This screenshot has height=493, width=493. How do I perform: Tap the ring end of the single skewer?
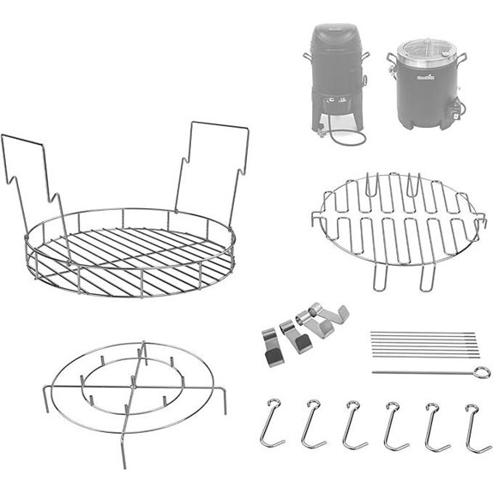click(x=484, y=371)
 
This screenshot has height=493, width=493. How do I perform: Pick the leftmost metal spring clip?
click(x=272, y=342)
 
